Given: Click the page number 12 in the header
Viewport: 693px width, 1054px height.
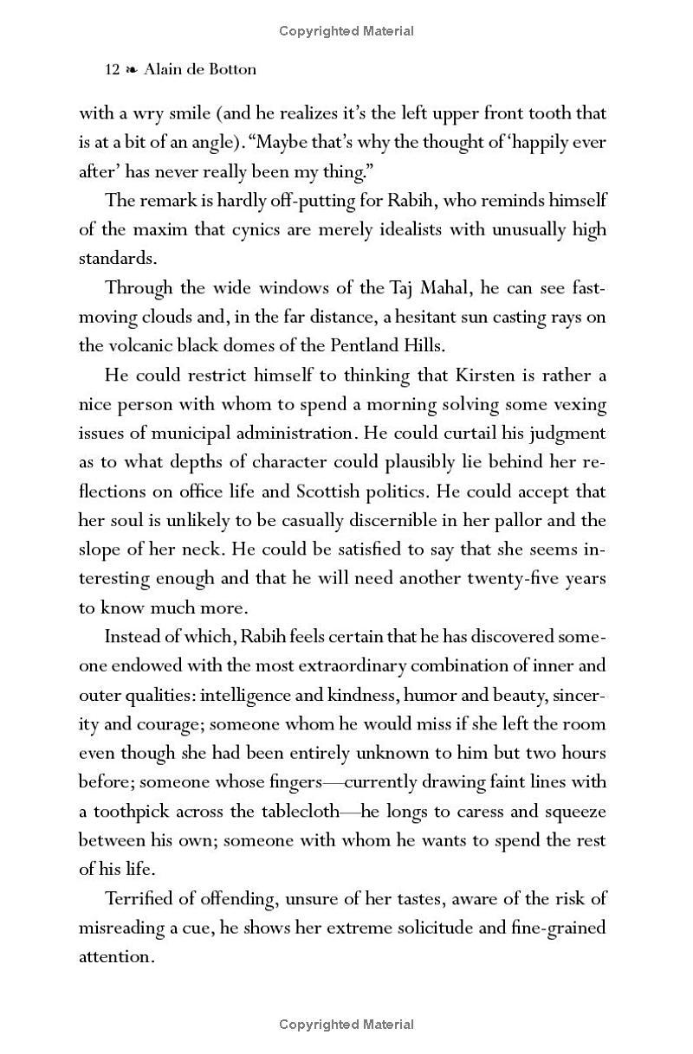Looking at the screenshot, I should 111,70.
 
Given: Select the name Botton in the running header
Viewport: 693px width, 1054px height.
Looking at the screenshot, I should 235,70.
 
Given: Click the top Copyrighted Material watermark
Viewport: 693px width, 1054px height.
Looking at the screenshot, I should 346,31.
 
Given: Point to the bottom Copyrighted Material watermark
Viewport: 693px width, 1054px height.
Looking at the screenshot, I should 346,1025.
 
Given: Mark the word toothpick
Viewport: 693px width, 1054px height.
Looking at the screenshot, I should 131,812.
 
